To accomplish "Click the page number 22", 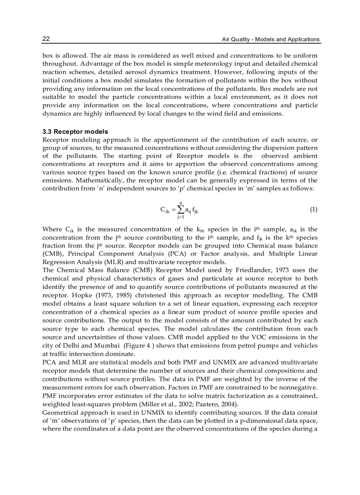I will pos(46,39).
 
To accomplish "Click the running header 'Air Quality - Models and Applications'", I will pos(270,39).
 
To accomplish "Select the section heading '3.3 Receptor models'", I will pos(75,132).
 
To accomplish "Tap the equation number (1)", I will pos(313,209).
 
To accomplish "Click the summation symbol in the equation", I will pos(180,209).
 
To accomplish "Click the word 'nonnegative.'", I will pos(297,387).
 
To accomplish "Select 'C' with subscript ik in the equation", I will pos(165,210).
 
